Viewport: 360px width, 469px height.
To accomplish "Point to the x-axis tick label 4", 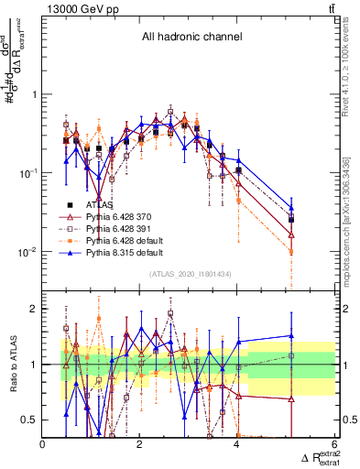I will point(236,444).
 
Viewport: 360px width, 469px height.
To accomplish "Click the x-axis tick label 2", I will point(140,444).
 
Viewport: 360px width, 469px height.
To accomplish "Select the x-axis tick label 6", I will point(333,444).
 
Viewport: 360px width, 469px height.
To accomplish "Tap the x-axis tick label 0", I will point(43,444).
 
